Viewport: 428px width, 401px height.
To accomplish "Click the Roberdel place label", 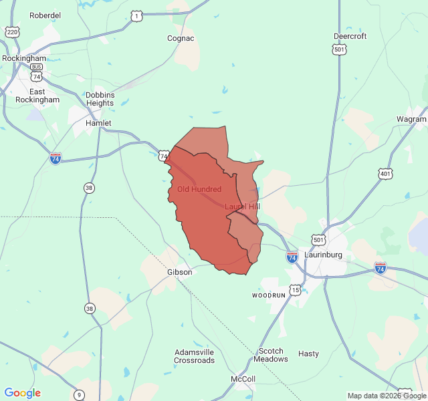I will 45,15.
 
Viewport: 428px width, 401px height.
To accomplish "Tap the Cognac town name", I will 181,38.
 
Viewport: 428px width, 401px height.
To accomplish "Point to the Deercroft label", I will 350,36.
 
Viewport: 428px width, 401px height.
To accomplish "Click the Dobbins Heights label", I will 100,99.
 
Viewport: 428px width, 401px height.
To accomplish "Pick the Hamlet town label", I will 98,124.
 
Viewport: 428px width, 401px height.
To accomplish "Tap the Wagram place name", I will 411,119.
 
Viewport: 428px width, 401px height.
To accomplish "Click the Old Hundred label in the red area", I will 199,189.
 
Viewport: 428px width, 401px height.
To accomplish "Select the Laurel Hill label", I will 242,207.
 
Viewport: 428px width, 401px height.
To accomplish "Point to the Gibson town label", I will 179,272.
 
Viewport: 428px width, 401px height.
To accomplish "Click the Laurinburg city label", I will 323,255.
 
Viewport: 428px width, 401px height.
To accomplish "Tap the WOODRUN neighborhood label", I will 268,295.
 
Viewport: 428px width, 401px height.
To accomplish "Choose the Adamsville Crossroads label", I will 195,356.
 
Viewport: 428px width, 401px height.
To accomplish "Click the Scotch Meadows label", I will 271,355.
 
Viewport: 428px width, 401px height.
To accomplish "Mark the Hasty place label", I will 308,354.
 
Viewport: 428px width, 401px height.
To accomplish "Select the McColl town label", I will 243,379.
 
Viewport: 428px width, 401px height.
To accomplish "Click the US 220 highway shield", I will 11,32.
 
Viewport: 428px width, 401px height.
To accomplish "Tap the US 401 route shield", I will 385,174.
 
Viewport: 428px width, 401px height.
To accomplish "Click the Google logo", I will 23,393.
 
